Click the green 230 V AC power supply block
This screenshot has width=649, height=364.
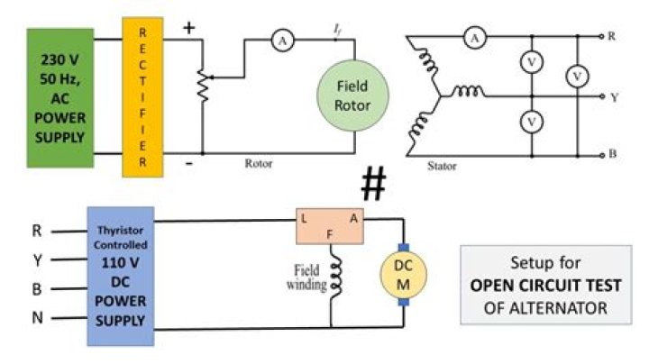pyautogui.click(x=60, y=98)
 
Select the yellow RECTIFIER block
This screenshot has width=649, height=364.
pyautogui.click(x=142, y=97)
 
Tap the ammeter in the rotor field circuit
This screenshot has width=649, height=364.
pyautogui.click(x=283, y=41)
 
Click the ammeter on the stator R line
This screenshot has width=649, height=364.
pyautogui.click(x=475, y=38)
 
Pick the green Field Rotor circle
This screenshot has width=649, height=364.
pyautogui.click(x=352, y=96)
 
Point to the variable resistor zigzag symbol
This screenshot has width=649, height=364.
pyautogui.click(x=203, y=86)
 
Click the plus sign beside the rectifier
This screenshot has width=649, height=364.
pyautogui.click(x=188, y=28)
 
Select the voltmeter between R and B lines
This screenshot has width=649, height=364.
pyautogui.click(x=578, y=76)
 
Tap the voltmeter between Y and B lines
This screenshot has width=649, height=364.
pyautogui.click(x=532, y=122)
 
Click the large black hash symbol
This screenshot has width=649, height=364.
pyautogui.click(x=374, y=183)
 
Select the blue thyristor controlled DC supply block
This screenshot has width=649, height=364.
pyautogui.click(x=121, y=277)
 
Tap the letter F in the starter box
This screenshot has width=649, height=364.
pyautogui.click(x=330, y=235)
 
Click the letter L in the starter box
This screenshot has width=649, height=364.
pyautogui.click(x=304, y=219)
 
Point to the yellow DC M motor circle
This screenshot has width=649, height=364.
pyautogui.click(x=403, y=275)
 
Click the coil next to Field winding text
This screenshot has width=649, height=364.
pyautogui.click(x=335, y=276)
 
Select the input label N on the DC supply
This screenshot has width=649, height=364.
pyautogui.click(x=37, y=318)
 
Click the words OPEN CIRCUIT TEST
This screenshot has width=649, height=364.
pyautogui.click(x=545, y=286)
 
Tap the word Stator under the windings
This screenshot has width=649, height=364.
pyautogui.click(x=442, y=167)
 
